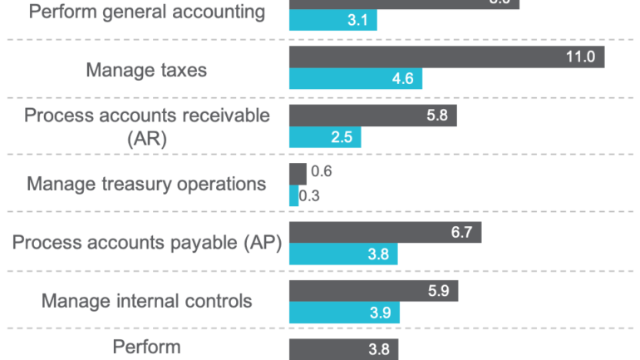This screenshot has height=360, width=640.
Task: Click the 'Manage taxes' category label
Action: click(x=146, y=70)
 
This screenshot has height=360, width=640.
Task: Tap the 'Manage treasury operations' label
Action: click(x=146, y=184)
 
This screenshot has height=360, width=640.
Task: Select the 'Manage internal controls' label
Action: click(x=146, y=300)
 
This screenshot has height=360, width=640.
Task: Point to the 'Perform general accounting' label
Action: click(x=146, y=12)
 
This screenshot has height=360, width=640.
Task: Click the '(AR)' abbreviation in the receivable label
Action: click(x=147, y=139)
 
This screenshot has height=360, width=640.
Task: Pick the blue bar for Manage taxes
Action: click(x=355, y=80)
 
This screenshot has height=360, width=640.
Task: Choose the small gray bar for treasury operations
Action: click(x=297, y=173)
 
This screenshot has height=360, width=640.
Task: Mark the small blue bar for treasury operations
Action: click(x=293, y=196)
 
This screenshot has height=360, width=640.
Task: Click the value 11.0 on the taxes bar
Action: click(x=581, y=57)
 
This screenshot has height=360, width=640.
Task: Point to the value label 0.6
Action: click(x=320, y=173)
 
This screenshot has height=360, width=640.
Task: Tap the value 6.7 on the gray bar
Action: click(x=461, y=232)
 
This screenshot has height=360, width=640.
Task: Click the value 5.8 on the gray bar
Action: click(x=436, y=116)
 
